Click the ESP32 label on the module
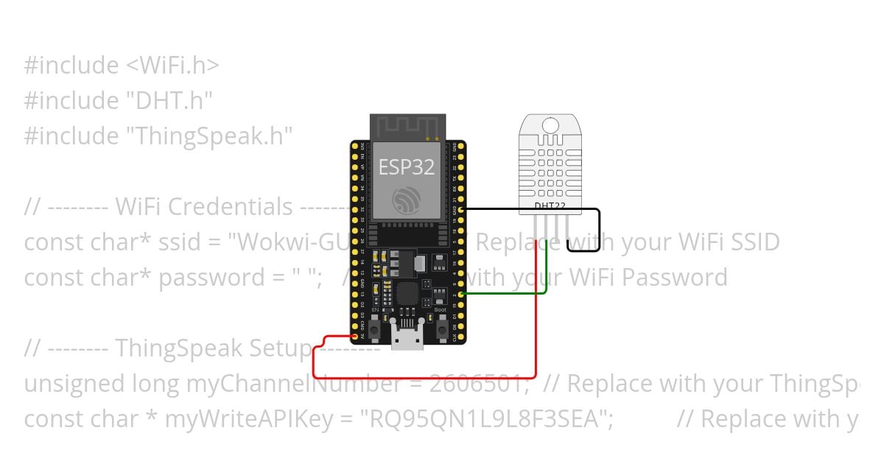tap(407, 167)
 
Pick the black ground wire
tap(530, 210)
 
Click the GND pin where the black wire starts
tap(461, 210)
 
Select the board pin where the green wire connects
tap(461, 294)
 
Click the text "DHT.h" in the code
tap(169, 100)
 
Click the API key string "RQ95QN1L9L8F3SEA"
tap(485, 418)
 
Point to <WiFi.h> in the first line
tap(172, 65)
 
